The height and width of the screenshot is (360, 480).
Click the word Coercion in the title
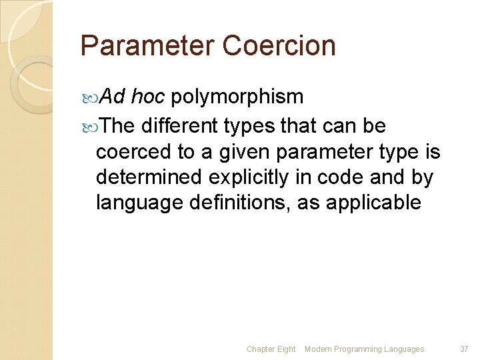pos(279,46)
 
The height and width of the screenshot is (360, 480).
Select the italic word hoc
pos(148,97)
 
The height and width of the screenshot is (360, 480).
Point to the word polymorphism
pos(238,97)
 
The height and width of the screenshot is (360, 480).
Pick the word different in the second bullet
pos(179,125)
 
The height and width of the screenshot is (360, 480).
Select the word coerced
pos(134,153)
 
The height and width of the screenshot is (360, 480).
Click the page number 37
pos(465,349)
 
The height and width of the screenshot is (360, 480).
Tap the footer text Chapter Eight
pos(271,349)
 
